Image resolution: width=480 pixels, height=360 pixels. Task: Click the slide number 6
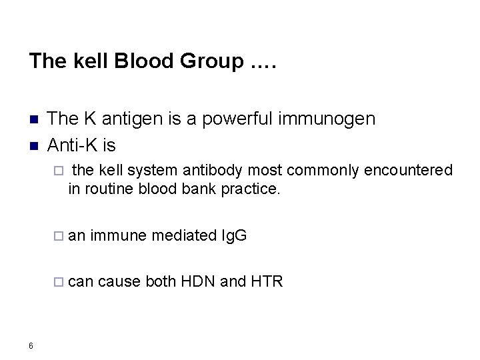click(x=31, y=344)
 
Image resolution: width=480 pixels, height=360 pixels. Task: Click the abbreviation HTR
click(x=267, y=281)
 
